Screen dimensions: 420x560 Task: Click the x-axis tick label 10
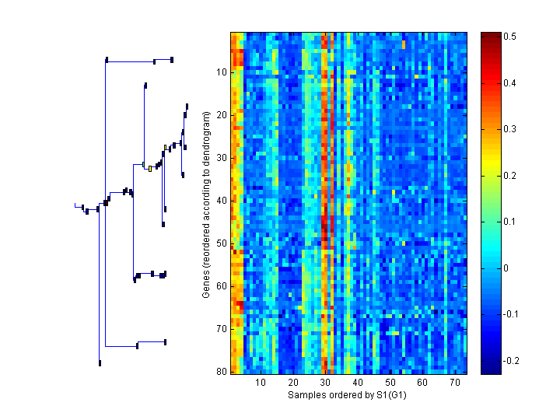(261, 383)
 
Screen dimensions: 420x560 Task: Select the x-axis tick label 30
(325, 383)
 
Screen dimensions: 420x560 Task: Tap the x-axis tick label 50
(390, 383)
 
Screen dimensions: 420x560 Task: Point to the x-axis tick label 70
(454, 383)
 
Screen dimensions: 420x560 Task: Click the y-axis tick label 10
(221, 72)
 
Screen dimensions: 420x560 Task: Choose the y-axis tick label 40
(221, 201)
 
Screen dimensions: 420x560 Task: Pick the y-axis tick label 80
(221, 372)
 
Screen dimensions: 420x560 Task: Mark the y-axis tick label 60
(221, 286)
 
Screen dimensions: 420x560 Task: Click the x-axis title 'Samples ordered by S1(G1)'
(348, 395)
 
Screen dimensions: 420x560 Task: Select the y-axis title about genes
(206, 205)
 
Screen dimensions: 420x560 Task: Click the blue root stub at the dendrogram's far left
(78, 205)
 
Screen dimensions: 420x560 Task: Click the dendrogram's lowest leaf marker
(100, 363)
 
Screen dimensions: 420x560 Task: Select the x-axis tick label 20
(293, 383)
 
